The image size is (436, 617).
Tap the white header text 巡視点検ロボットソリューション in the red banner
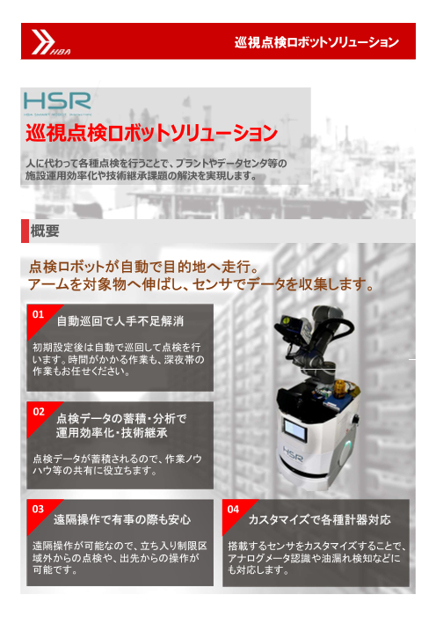click(317, 41)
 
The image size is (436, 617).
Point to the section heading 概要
click(45, 231)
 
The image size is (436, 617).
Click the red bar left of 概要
click(24, 231)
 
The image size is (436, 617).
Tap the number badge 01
click(37, 314)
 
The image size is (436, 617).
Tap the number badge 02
click(37, 411)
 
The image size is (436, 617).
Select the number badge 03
click(37, 509)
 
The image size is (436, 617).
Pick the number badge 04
click(232, 509)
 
